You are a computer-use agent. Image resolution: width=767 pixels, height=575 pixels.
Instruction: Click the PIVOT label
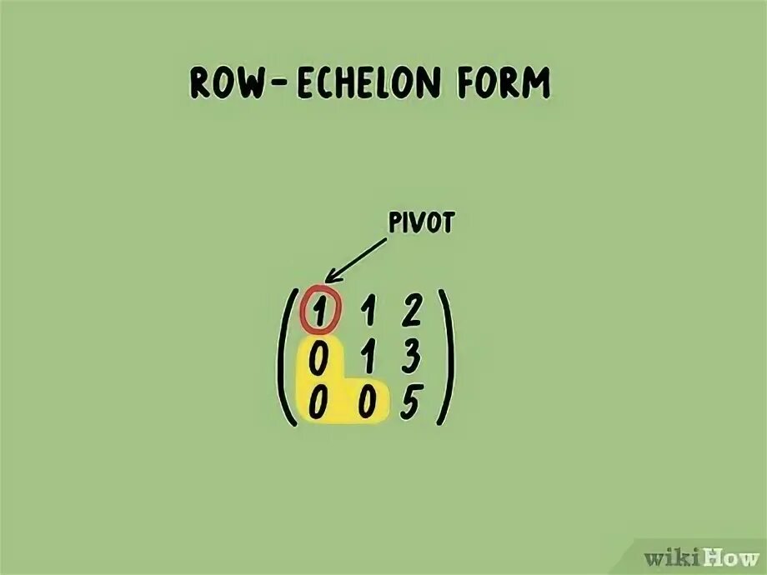pos(420,225)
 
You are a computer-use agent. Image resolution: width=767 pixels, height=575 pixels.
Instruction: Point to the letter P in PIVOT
pos(394,225)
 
